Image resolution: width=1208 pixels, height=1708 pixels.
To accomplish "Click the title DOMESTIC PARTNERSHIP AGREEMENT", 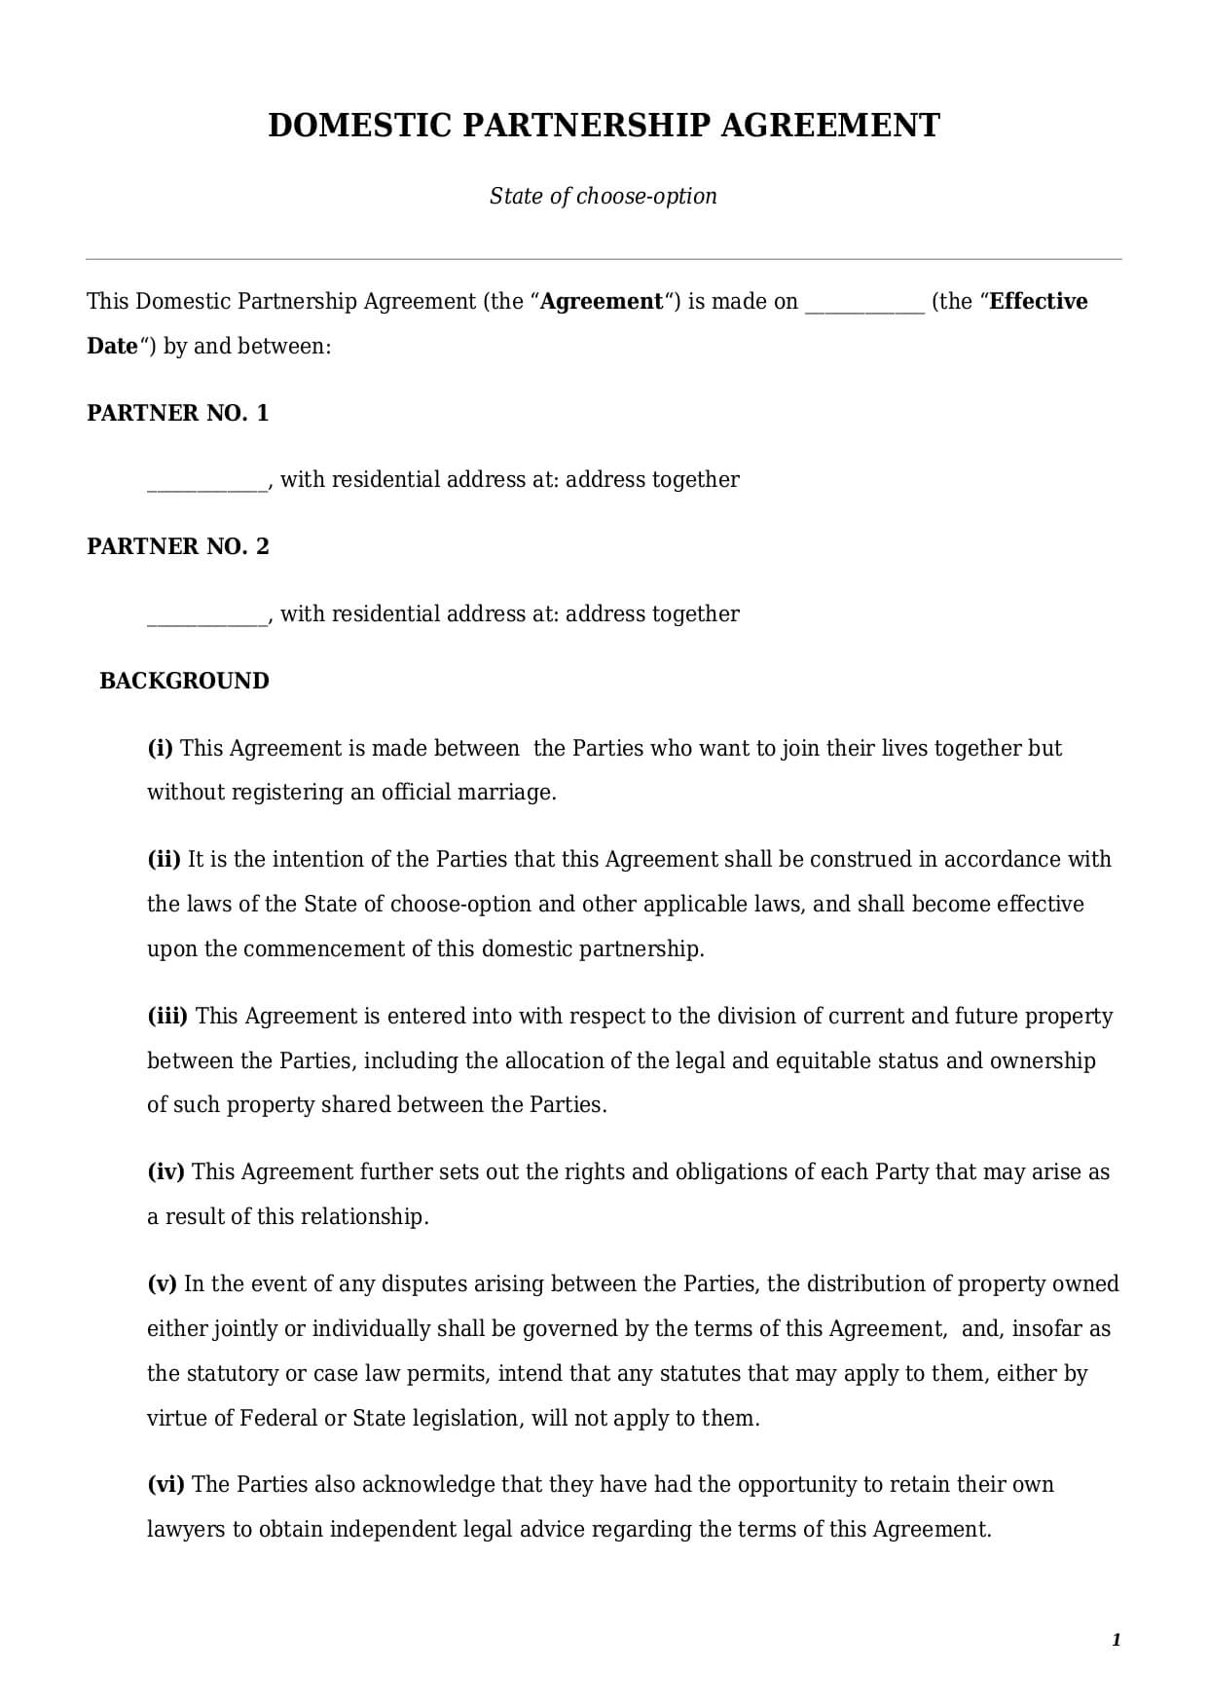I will pos(604,126).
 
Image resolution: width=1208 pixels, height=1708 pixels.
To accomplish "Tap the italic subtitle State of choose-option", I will pos(604,196).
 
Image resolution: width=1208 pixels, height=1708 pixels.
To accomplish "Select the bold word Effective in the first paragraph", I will pos(1038,302).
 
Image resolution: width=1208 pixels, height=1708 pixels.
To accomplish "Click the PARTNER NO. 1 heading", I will pos(177,413).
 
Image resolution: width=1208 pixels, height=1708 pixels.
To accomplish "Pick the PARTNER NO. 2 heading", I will pos(177,546).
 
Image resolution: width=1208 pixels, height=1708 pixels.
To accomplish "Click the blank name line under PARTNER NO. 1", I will pos(206,482).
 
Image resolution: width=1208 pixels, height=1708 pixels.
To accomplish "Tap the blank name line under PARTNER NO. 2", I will pos(206,616).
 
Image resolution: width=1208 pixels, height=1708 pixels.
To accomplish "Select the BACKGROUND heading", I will pos(184,681).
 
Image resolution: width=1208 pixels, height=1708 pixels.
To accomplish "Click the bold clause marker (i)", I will pos(160,748).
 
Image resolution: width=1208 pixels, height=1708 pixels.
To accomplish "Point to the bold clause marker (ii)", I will pos(164,859).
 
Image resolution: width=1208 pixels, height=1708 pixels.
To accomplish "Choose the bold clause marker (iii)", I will pos(167,1016).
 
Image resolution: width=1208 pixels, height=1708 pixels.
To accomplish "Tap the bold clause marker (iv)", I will pos(165,1171).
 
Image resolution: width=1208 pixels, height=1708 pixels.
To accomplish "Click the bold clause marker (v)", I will pos(162,1283).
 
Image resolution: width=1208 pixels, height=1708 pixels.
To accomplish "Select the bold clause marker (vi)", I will pos(165,1484).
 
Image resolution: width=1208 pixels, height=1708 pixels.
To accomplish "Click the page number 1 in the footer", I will pos(1116,1640).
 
